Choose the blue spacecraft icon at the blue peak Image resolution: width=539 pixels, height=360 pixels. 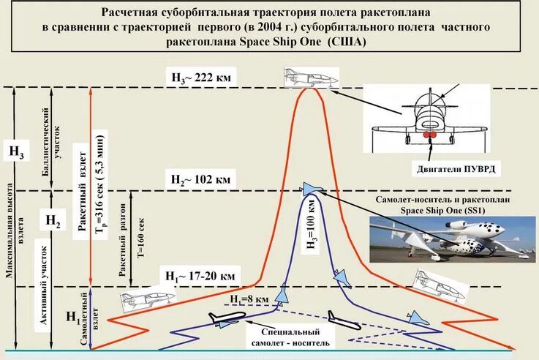(x=311, y=189)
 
